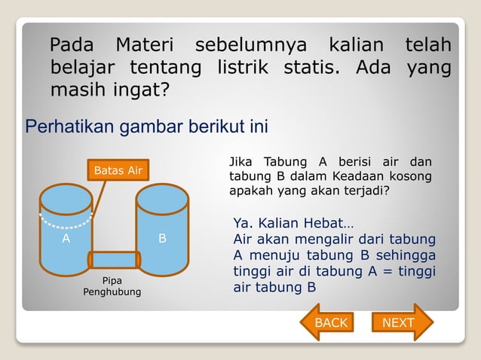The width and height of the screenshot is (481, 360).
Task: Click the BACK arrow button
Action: click(x=329, y=322)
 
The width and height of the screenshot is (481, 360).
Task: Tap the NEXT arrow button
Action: click(x=400, y=322)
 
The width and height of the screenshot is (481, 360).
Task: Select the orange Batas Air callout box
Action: click(x=118, y=171)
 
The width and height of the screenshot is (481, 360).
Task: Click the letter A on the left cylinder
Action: click(x=66, y=239)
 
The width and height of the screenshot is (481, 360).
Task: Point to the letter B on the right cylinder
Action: click(x=162, y=239)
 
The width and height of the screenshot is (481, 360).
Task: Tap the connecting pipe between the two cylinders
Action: click(x=114, y=260)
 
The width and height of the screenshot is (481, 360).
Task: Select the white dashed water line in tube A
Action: click(x=63, y=223)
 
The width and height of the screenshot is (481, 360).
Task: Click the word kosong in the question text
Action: click(x=410, y=176)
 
